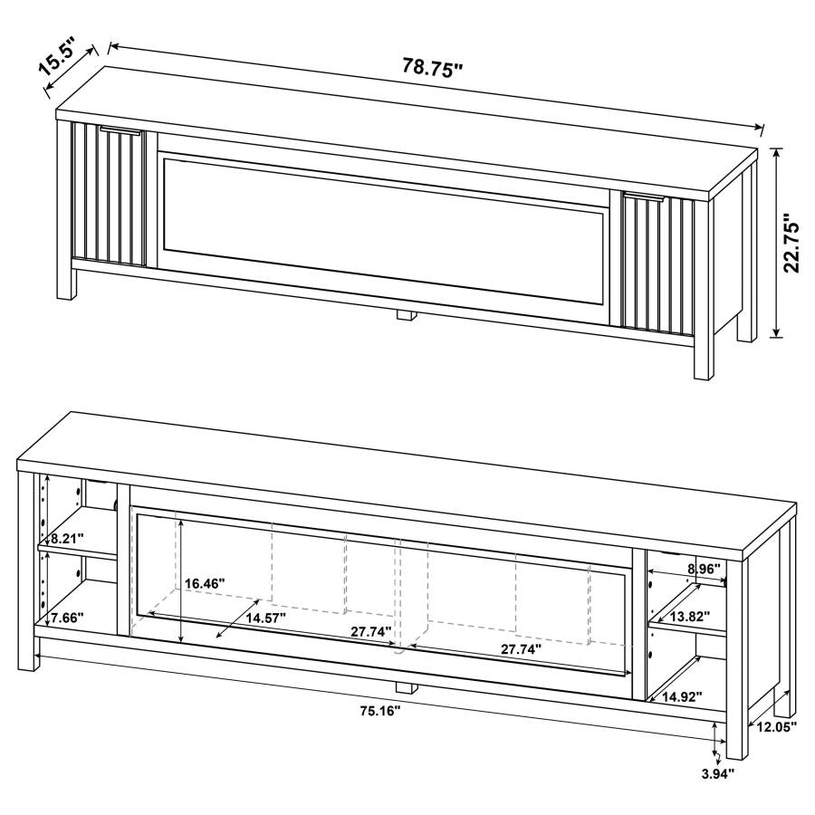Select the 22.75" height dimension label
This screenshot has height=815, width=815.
click(x=794, y=244)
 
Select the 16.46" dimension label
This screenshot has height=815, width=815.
click(x=205, y=584)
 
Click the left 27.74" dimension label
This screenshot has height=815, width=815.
click(x=372, y=631)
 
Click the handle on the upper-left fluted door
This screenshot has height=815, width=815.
click(x=120, y=131)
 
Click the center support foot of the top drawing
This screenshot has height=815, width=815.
click(x=405, y=316)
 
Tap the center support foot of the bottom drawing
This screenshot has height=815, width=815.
click(x=405, y=685)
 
